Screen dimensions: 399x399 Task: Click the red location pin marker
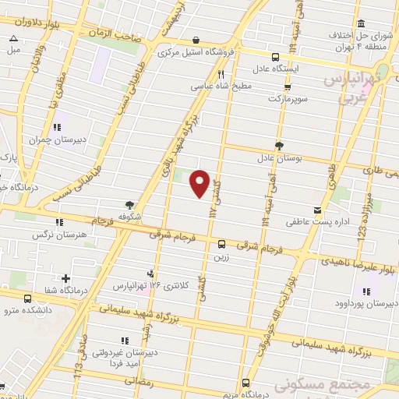200,183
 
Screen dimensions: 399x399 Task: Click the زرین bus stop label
221,255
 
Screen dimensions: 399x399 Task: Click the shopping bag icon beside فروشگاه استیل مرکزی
196,40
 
